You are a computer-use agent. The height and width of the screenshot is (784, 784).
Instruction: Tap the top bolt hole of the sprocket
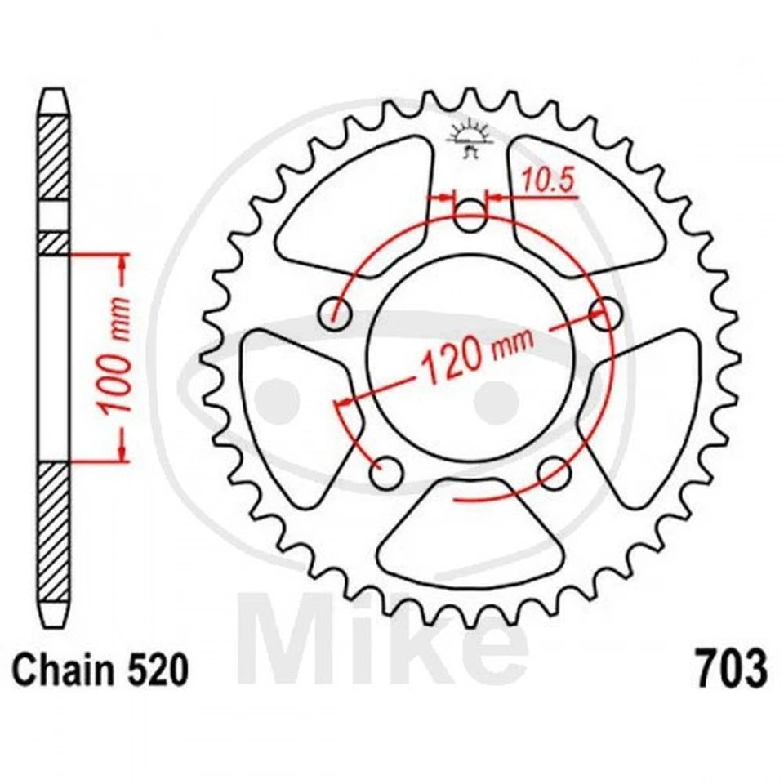click(469, 217)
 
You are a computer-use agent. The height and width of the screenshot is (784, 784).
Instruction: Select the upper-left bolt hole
click(335, 314)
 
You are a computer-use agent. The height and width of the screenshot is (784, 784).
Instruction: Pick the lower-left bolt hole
click(386, 471)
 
